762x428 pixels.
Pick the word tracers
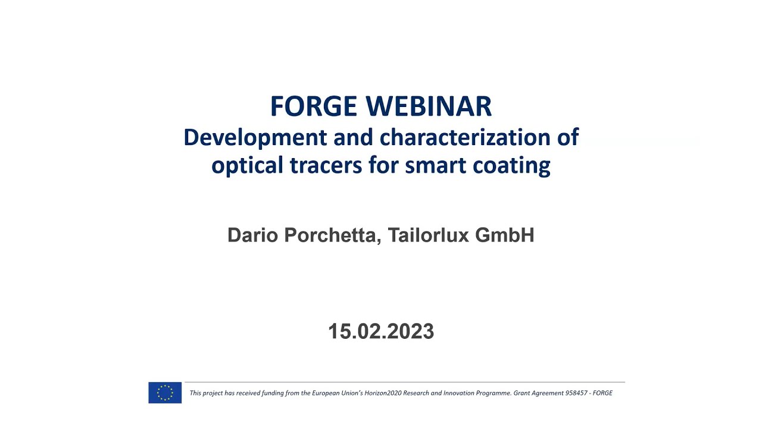[x=320, y=165]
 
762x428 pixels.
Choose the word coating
[x=512, y=165]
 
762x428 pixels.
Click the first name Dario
[x=252, y=235]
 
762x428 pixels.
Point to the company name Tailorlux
[x=428, y=235]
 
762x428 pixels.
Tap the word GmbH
[x=505, y=235]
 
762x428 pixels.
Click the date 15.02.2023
[x=381, y=331]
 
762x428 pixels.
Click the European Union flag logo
[x=165, y=393]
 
